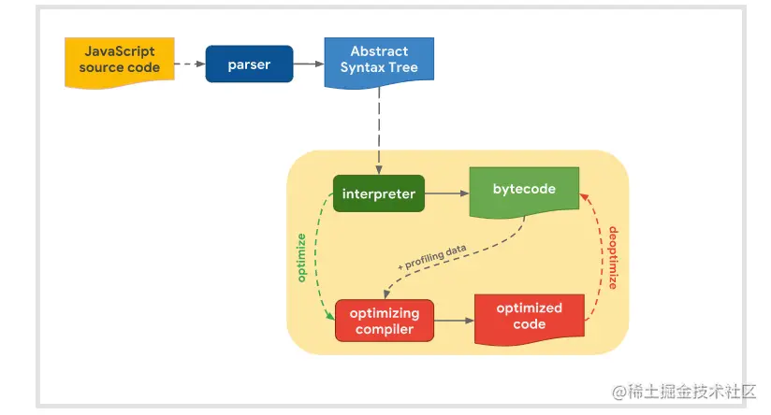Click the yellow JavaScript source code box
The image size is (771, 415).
119,59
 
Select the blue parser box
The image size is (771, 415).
249,64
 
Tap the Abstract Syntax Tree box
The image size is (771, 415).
379,61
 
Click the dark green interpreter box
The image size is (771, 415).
378,193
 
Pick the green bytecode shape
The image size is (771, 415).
524,190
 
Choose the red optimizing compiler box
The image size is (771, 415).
384,321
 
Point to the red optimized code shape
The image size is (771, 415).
530,316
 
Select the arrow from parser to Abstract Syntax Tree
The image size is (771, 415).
308,64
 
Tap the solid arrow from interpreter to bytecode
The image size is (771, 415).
446,193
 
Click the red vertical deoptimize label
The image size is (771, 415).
614,256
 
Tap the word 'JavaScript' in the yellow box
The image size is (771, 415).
119,51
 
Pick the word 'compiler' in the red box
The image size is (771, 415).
384,329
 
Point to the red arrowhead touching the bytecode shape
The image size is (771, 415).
583,198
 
